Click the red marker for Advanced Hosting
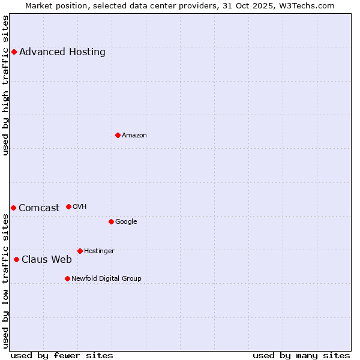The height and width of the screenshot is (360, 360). pyautogui.click(x=14, y=52)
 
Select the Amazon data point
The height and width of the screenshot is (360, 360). pyautogui.click(x=118, y=135)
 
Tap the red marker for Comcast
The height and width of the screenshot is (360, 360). pyautogui.click(x=13, y=208)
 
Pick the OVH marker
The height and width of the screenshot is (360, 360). pyautogui.click(x=68, y=206)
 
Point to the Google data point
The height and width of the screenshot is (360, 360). pyautogui.click(x=111, y=221)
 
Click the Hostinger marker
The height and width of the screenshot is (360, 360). pyautogui.click(x=80, y=251)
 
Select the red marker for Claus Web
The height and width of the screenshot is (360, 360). pyautogui.click(x=16, y=259)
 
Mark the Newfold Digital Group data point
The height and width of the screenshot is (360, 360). pyautogui.click(x=67, y=278)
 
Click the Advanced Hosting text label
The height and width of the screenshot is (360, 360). pyautogui.click(x=62, y=52)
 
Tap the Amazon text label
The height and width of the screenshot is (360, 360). pyautogui.click(x=134, y=135)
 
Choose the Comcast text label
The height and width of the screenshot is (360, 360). pyautogui.click(x=39, y=208)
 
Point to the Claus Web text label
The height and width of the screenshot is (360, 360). pyautogui.click(x=47, y=259)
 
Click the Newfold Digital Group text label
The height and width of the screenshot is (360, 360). pyautogui.click(x=106, y=278)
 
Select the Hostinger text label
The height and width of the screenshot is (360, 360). pyautogui.click(x=99, y=251)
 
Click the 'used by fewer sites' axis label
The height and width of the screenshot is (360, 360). pyautogui.click(x=62, y=355)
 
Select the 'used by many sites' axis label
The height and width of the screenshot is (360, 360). pyautogui.click(x=301, y=355)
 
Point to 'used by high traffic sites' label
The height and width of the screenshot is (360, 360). pyautogui.click(x=6, y=85)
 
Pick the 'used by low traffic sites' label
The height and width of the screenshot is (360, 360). pyautogui.click(x=6, y=281)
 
